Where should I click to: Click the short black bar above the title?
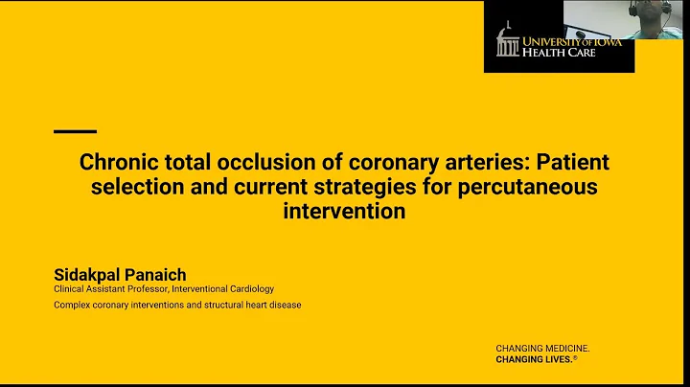coord(75,130)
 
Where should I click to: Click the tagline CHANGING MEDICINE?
coord(541,348)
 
